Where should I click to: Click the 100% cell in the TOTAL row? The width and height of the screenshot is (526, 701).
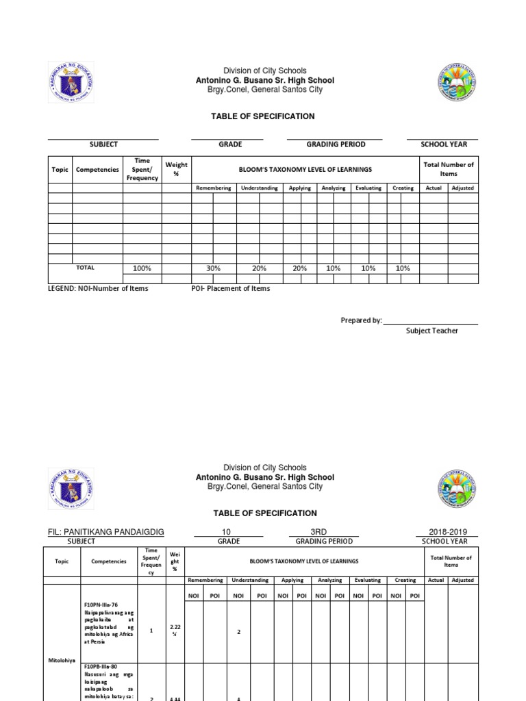[x=142, y=268]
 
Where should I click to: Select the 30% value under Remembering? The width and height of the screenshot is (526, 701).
[x=214, y=268]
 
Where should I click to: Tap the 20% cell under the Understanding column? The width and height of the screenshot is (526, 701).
[x=259, y=268]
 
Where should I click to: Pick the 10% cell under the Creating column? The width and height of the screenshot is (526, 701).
[x=403, y=268]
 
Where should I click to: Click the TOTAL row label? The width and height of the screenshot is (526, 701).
[x=85, y=268]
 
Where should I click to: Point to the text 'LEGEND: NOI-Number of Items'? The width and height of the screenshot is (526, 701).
[x=98, y=288]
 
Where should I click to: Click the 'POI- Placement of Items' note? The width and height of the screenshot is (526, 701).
[x=230, y=288]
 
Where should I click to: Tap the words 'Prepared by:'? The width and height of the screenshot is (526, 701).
[x=361, y=320]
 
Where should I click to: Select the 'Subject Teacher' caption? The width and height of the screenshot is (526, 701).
[x=432, y=331]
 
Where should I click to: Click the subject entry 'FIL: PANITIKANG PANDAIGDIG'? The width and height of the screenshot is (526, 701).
[x=106, y=532]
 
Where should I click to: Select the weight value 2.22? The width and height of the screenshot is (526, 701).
[x=175, y=626]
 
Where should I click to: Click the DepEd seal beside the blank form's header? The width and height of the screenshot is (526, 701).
[x=71, y=83]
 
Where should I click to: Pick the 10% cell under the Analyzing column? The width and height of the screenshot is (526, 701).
[x=333, y=268]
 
